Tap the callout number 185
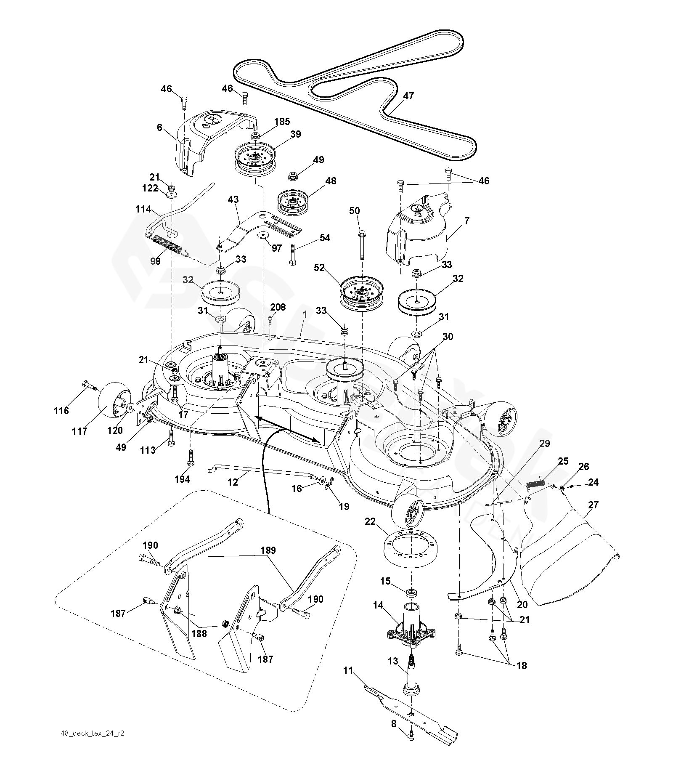[282, 122]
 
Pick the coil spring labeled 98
[167, 245]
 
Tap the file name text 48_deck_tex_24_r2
[93, 744]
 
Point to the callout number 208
[278, 307]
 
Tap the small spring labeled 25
[536, 482]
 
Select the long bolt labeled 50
[361, 245]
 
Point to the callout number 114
[143, 209]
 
